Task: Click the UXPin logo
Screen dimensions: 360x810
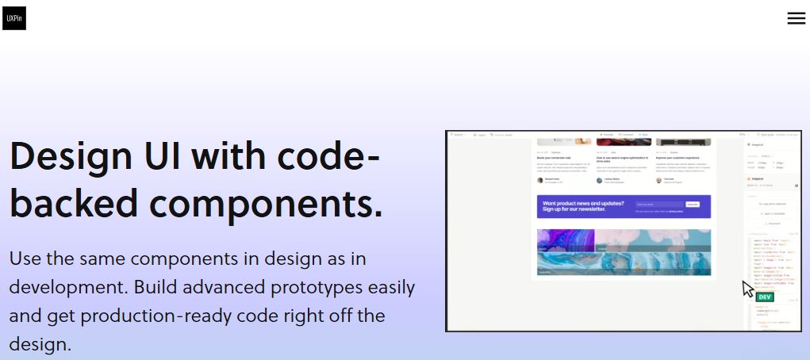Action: [x=14, y=17]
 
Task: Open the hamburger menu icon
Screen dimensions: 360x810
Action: [x=796, y=18]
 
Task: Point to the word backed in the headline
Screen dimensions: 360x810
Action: [x=74, y=202]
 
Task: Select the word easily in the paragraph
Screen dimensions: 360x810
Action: [x=387, y=287]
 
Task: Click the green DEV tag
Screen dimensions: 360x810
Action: [x=765, y=297]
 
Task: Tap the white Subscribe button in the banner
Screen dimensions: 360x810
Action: [x=693, y=204]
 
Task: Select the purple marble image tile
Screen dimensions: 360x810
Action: [x=566, y=241]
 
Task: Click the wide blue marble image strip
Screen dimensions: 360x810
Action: [x=624, y=264]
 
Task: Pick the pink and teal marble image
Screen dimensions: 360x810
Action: [x=653, y=240]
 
